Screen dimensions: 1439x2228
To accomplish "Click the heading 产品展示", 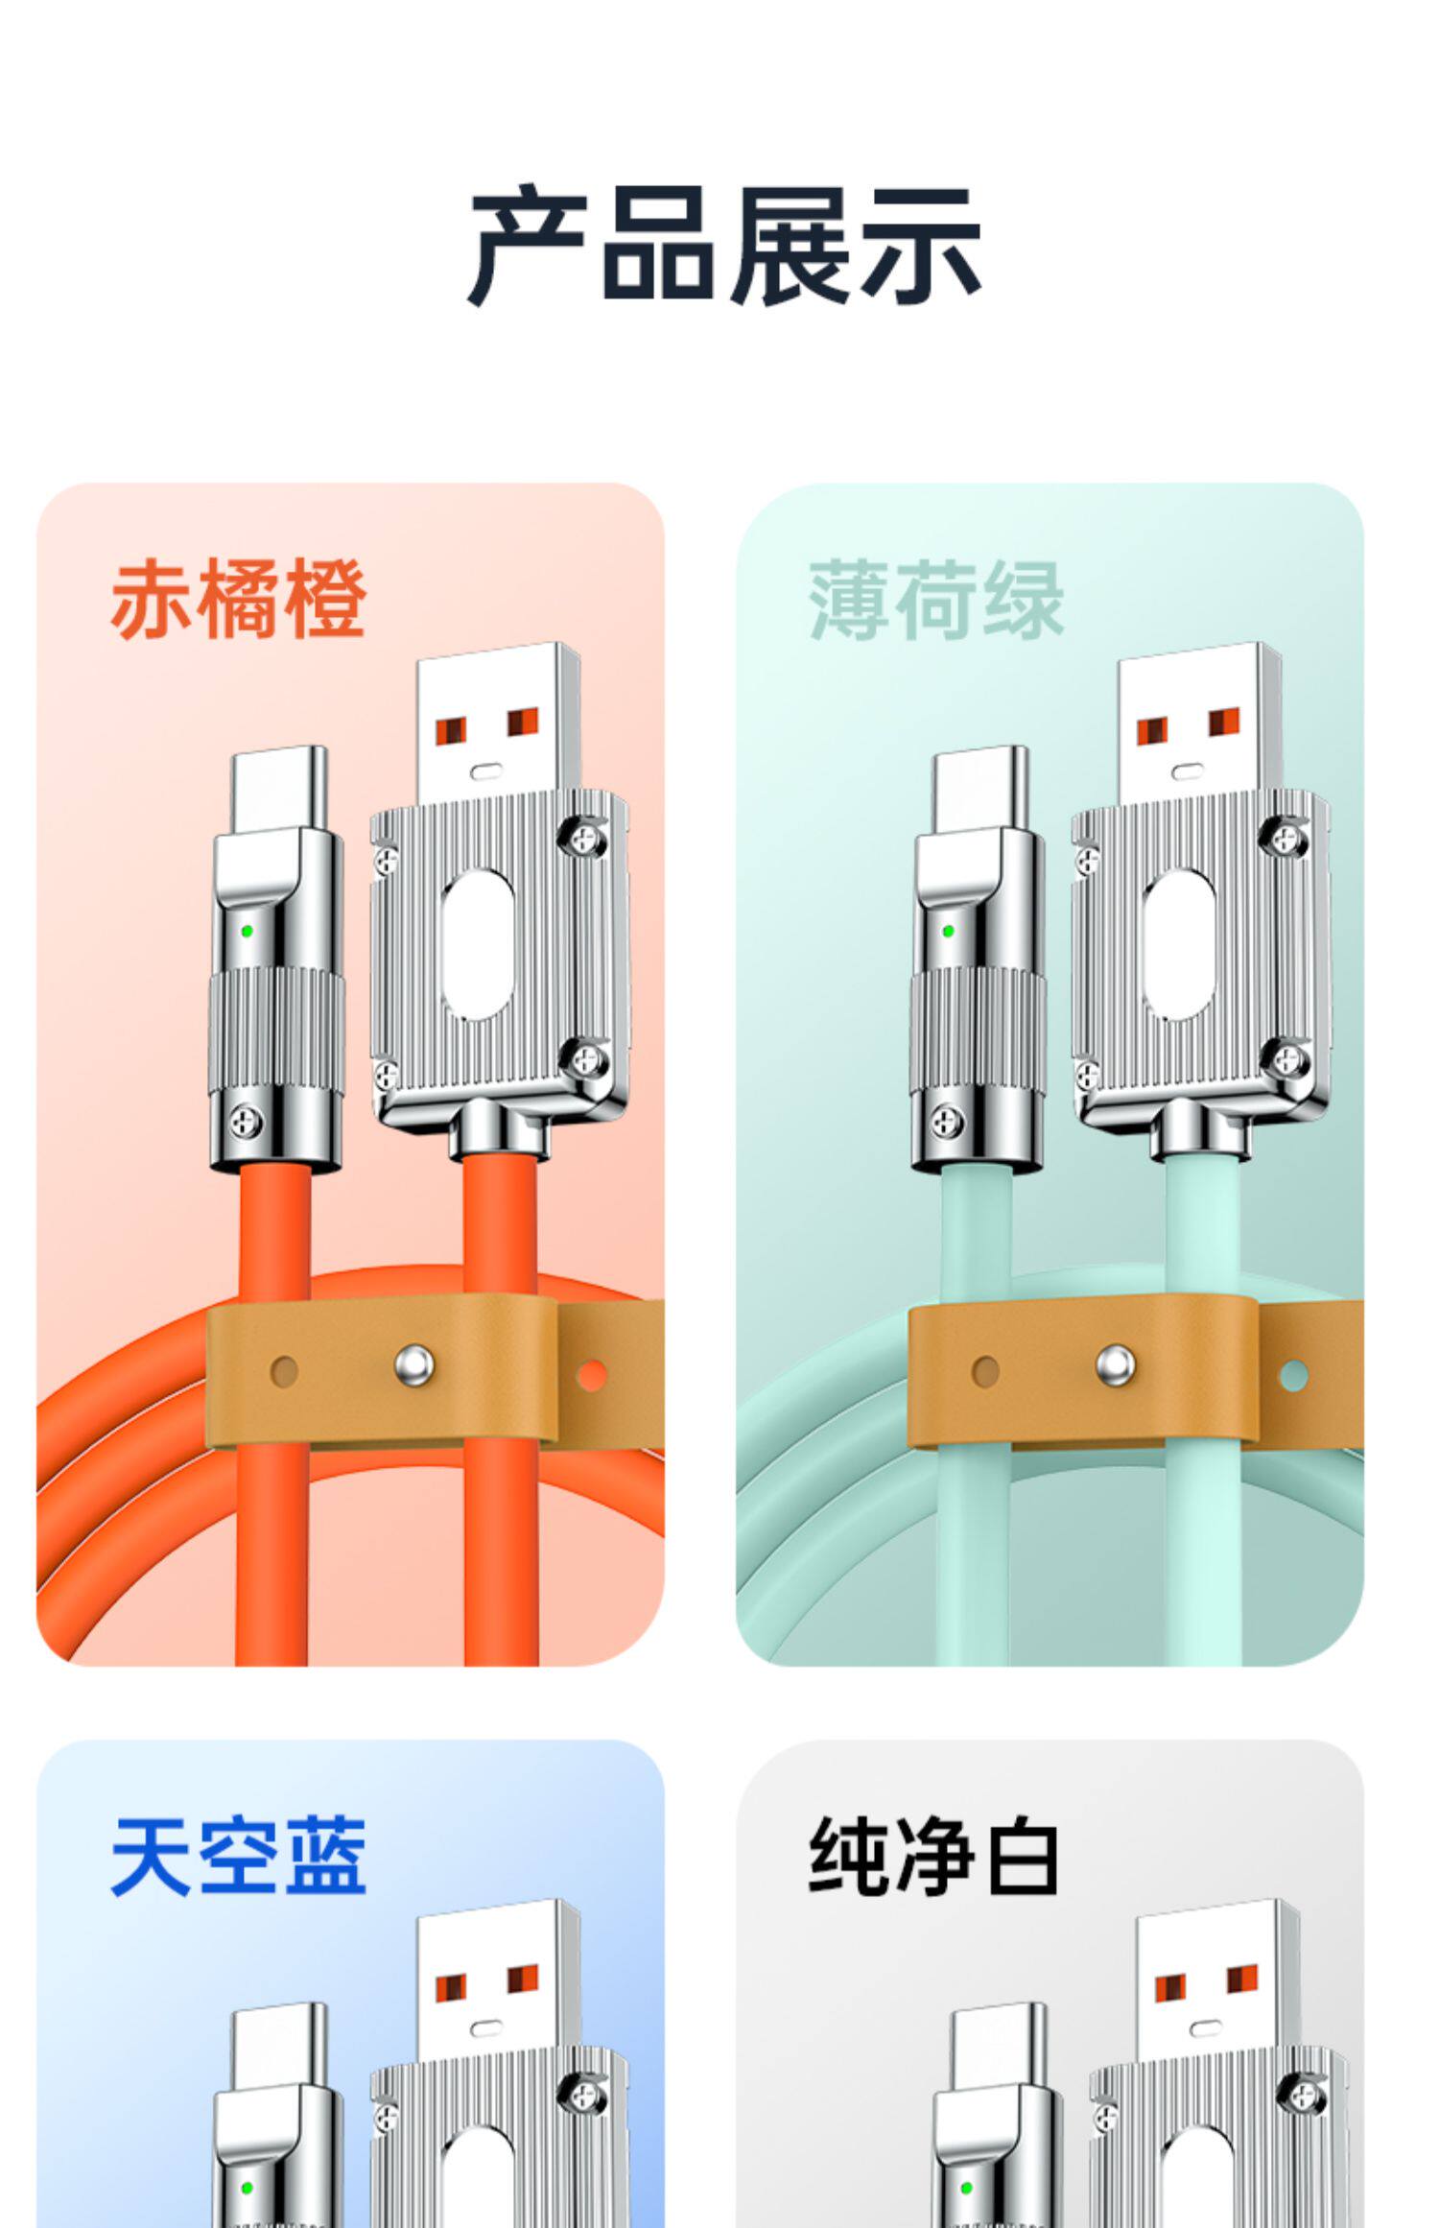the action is [724, 246].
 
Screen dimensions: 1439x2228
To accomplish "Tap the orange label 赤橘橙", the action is [239, 600].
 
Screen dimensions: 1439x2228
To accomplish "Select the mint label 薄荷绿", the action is [937, 600].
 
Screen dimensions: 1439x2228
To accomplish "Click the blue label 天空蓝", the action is [239, 1857].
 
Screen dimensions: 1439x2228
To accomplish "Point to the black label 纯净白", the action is [934, 1857].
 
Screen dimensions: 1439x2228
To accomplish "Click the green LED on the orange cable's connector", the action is [248, 931].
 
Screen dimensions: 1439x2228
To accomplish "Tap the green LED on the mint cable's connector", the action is [949, 931].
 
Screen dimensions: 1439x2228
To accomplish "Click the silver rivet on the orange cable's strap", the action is [414, 1364].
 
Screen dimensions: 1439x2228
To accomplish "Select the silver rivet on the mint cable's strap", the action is [1115, 1364].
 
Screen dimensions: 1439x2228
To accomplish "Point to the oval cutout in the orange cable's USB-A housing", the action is [478, 945].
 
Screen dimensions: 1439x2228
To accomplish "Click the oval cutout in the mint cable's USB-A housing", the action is [1179, 945].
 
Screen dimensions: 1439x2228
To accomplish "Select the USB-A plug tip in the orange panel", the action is [498, 723].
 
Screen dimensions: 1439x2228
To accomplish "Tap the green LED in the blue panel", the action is [248, 2189].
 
